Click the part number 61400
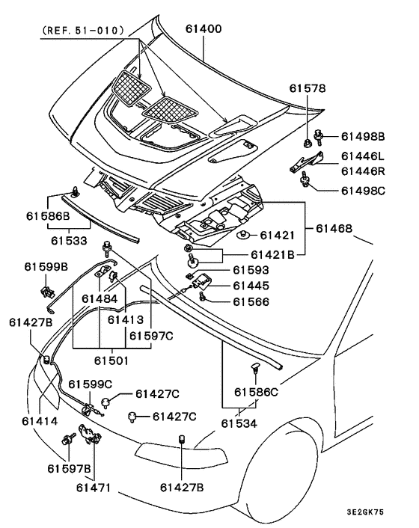coord(204,29)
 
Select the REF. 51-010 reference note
coord(83,31)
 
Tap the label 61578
coord(308,88)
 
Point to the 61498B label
coord(363,137)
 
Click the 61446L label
coord(363,156)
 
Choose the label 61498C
coord(363,191)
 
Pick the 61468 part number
coord(334,229)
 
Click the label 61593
coord(251,270)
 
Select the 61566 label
coord(251,301)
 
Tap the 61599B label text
coord(46,267)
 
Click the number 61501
coord(111,361)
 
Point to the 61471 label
coord(94,488)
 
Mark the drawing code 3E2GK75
coord(365,512)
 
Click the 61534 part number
coord(239,423)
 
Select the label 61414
coord(40,421)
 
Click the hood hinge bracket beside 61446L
coord(307,162)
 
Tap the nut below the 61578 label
coord(308,144)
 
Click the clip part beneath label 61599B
coord(46,292)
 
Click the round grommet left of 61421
coord(242,234)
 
